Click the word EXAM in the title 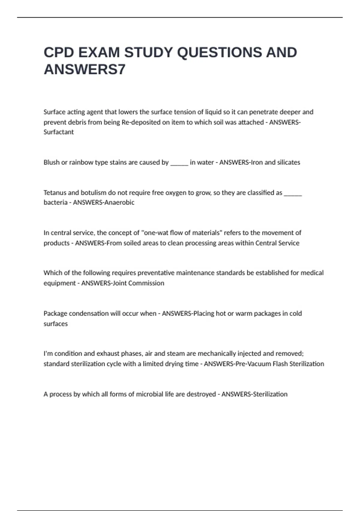(99, 53)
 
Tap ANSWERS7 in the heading (85, 70)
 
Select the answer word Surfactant (58, 132)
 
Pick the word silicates (289, 162)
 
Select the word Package (55, 314)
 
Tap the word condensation (88, 314)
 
